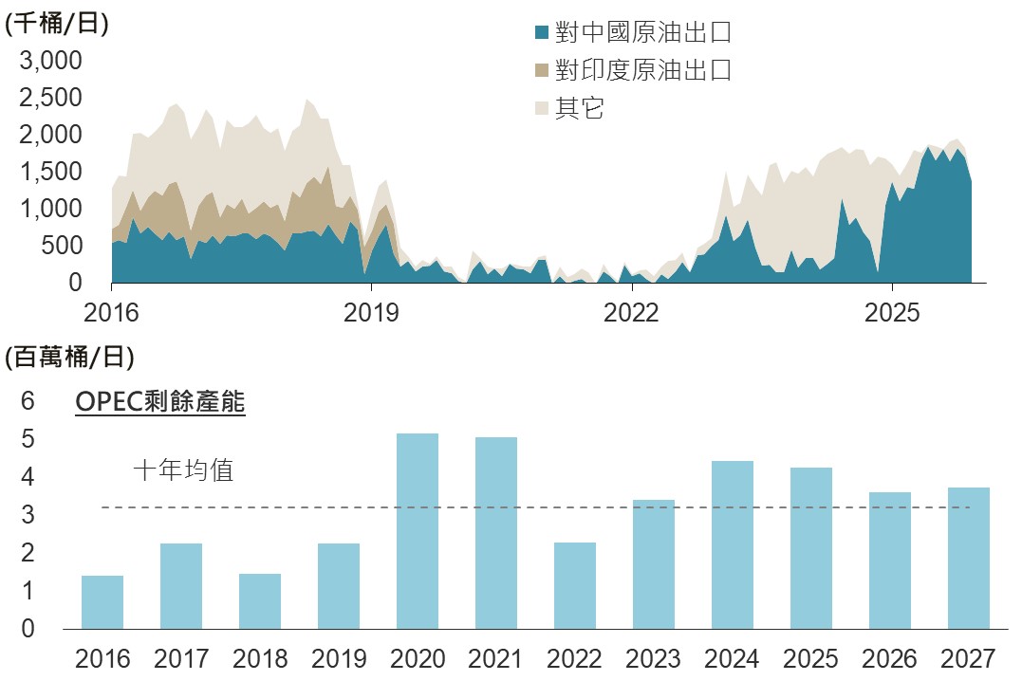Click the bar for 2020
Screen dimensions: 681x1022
click(418, 531)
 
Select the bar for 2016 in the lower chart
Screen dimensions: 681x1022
click(102, 602)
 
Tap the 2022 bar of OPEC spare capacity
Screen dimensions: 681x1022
click(575, 585)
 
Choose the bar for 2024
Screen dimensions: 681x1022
click(733, 544)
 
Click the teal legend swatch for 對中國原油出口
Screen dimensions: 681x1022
click(542, 33)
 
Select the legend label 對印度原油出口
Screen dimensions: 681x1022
click(643, 70)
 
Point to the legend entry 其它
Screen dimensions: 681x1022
click(580, 108)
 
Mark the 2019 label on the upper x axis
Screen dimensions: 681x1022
click(371, 312)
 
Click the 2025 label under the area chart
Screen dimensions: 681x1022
click(893, 312)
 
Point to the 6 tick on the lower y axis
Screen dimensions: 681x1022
click(28, 401)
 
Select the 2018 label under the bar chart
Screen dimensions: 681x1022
click(260, 657)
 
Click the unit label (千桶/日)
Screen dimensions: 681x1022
click(57, 24)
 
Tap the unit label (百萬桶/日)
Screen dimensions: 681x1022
click(69, 358)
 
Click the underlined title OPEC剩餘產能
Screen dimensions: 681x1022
click(160, 402)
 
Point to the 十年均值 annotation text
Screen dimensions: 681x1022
click(183, 470)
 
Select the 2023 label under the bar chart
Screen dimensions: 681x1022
click(654, 657)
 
